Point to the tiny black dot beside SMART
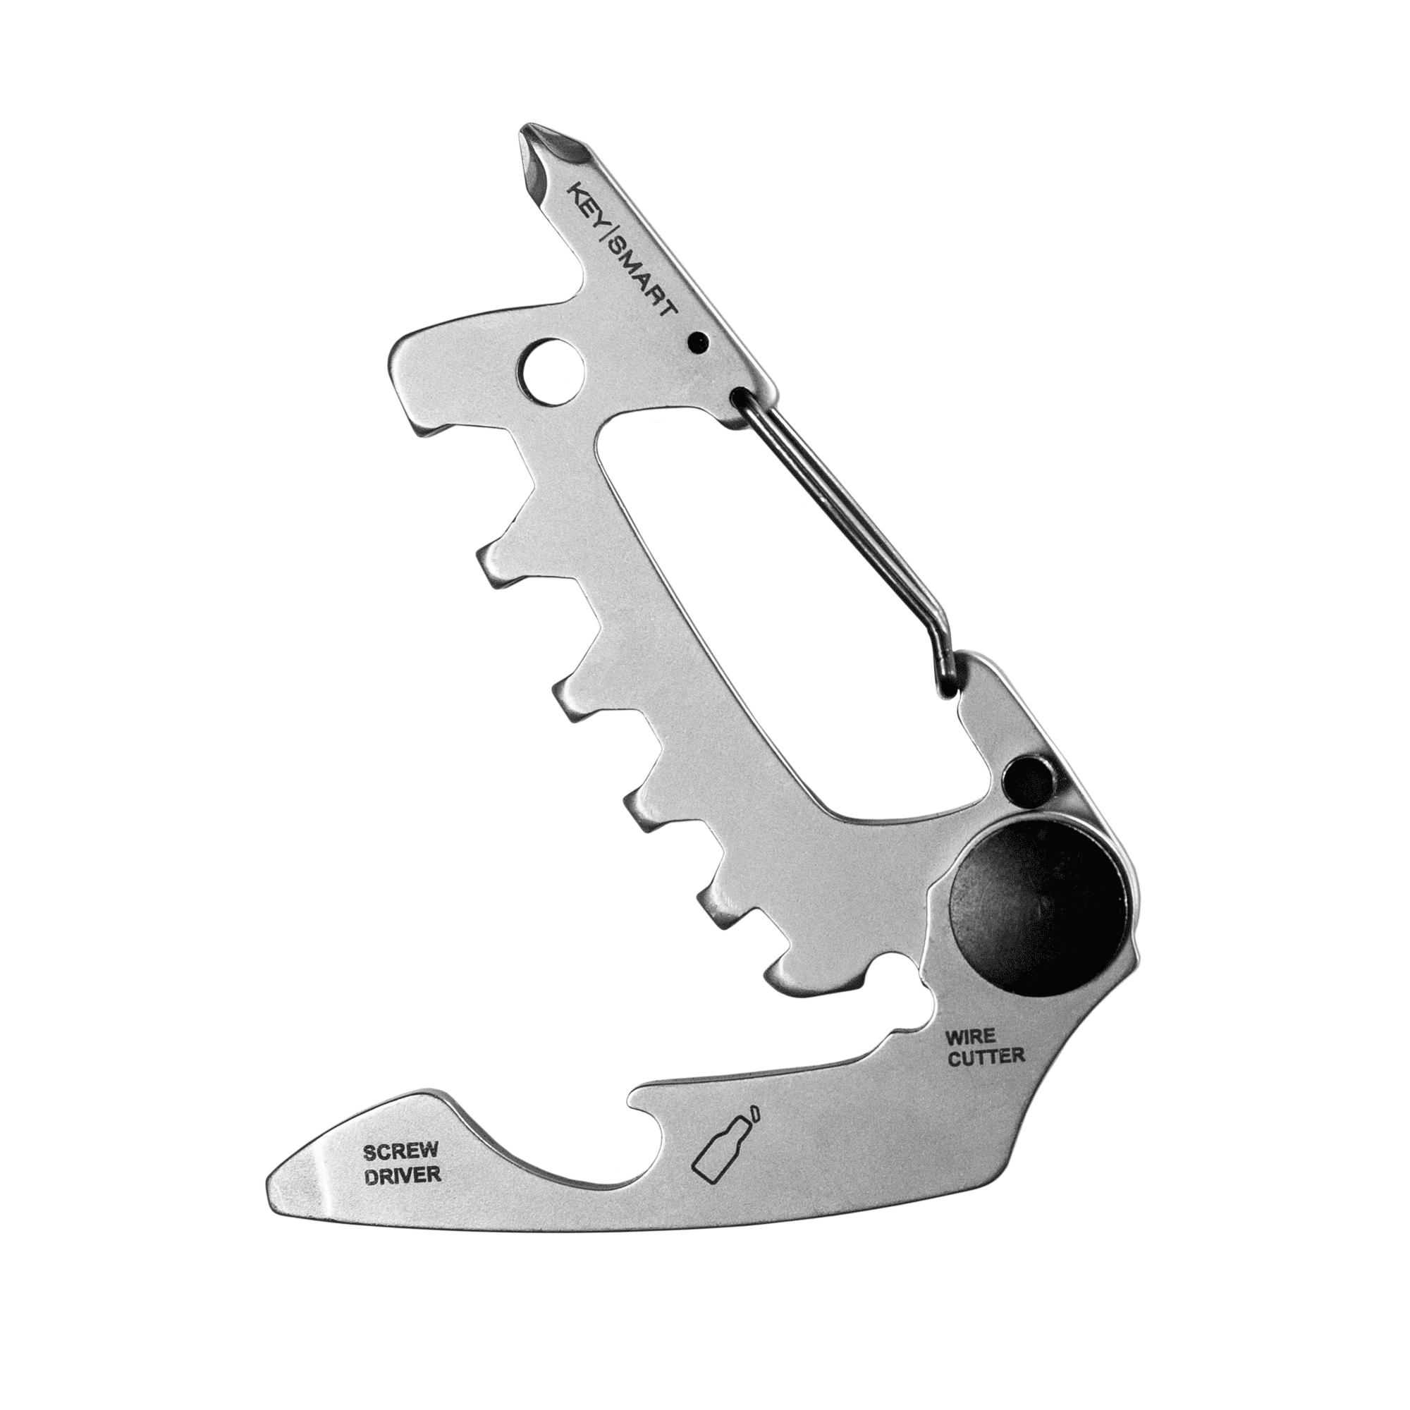pyautogui.click(x=699, y=339)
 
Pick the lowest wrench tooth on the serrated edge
pyautogui.click(x=785, y=971)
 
